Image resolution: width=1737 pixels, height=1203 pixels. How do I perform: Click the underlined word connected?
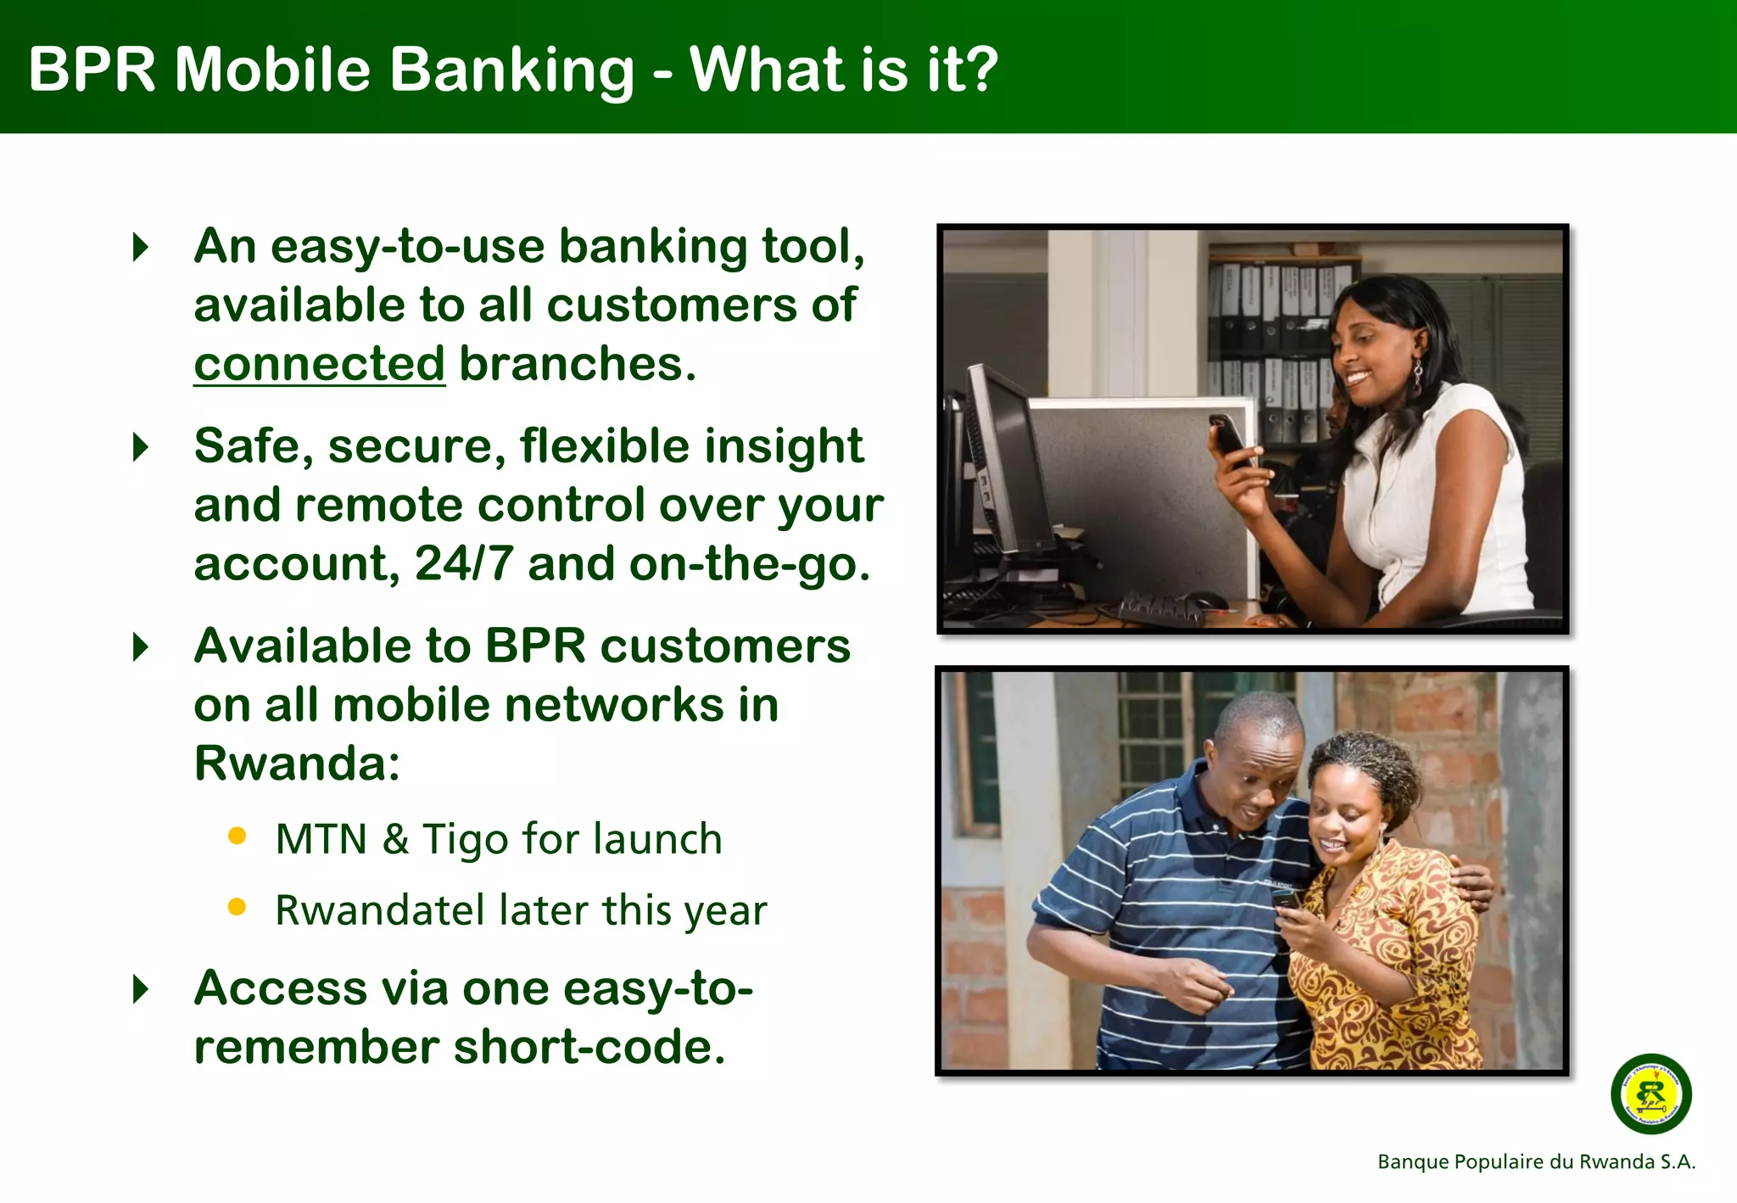pyautogui.click(x=319, y=365)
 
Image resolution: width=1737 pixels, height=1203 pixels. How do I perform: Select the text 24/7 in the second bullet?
pyautogui.click(x=463, y=564)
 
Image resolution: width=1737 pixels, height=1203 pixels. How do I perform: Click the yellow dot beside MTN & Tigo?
pyautogui.click(x=237, y=837)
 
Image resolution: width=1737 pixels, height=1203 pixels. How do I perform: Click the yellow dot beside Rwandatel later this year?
pyautogui.click(x=237, y=908)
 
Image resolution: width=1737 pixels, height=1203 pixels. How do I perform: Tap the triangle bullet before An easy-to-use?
pyautogui.click(x=142, y=247)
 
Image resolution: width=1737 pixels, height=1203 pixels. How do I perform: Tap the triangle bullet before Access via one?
pyautogui.click(x=142, y=989)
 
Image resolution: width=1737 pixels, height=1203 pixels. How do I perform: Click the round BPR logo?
pyautogui.click(x=1650, y=1094)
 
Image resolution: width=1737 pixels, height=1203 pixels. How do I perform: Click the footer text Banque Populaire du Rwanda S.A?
pyautogui.click(x=1536, y=1161)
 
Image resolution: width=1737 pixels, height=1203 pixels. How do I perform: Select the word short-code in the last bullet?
pyautogui.click(x=589, y=1048)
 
